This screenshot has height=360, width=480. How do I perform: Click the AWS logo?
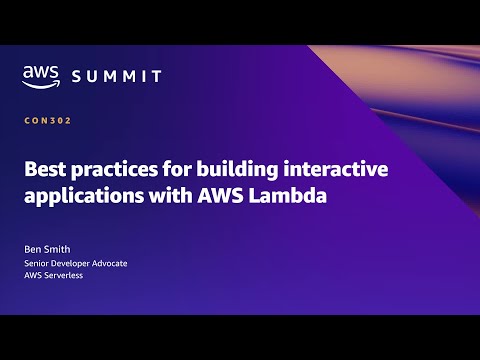(41, 75)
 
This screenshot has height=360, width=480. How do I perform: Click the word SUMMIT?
(118, 76)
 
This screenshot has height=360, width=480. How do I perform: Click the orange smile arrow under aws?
(41, 84)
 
